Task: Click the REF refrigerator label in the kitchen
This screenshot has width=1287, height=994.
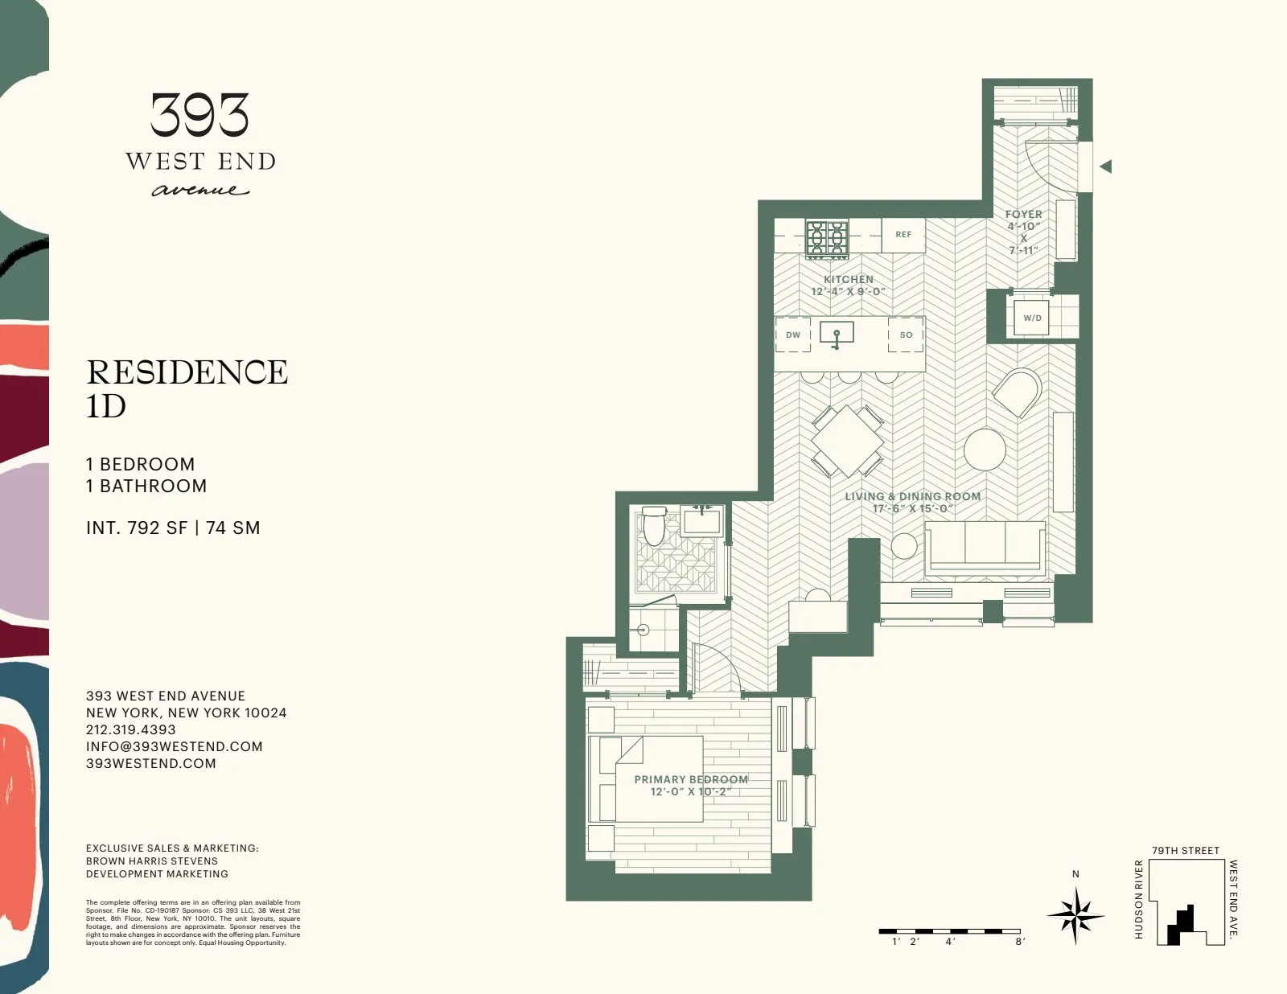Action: (x=903, y=235)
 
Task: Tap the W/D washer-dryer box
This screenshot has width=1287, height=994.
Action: (x=1032, y=318)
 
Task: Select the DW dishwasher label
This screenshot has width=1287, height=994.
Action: (x=793, y=335)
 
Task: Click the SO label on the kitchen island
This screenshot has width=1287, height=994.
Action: (x=906, y=335)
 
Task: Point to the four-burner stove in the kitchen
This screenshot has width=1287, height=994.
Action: (x=828, y=239)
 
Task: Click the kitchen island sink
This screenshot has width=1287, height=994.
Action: (x=837, y=333)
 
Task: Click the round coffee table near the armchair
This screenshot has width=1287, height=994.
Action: (x=985, y=450)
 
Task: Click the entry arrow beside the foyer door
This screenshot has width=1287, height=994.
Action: (x=1106, y=166)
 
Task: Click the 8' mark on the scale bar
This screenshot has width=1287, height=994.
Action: (x=1020, y=941)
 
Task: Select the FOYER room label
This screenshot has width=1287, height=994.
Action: (x=1023, y=214)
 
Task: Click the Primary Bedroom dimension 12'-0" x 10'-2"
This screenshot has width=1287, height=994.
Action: (x=691, y=792)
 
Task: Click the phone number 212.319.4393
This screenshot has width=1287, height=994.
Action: (x=130, y=729)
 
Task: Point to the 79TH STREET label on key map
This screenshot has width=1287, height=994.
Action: (x=1185, y=850)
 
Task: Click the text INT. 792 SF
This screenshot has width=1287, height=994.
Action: (x=137, y=528)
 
